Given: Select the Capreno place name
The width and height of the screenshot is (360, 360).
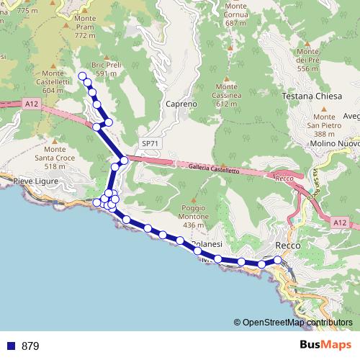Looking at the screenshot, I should click(181, 104).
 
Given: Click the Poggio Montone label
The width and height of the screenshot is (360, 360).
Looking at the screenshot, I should click(193, 217).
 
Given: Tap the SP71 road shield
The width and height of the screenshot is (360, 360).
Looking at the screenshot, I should click(150, 143).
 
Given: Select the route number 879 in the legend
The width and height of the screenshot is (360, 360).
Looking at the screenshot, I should click(30, 346).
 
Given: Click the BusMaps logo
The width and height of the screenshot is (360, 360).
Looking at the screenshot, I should click(325, 346).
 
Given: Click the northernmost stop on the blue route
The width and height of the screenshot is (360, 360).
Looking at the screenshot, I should click(82, 76).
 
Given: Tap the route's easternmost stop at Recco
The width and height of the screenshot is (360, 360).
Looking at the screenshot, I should click(278, 259).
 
